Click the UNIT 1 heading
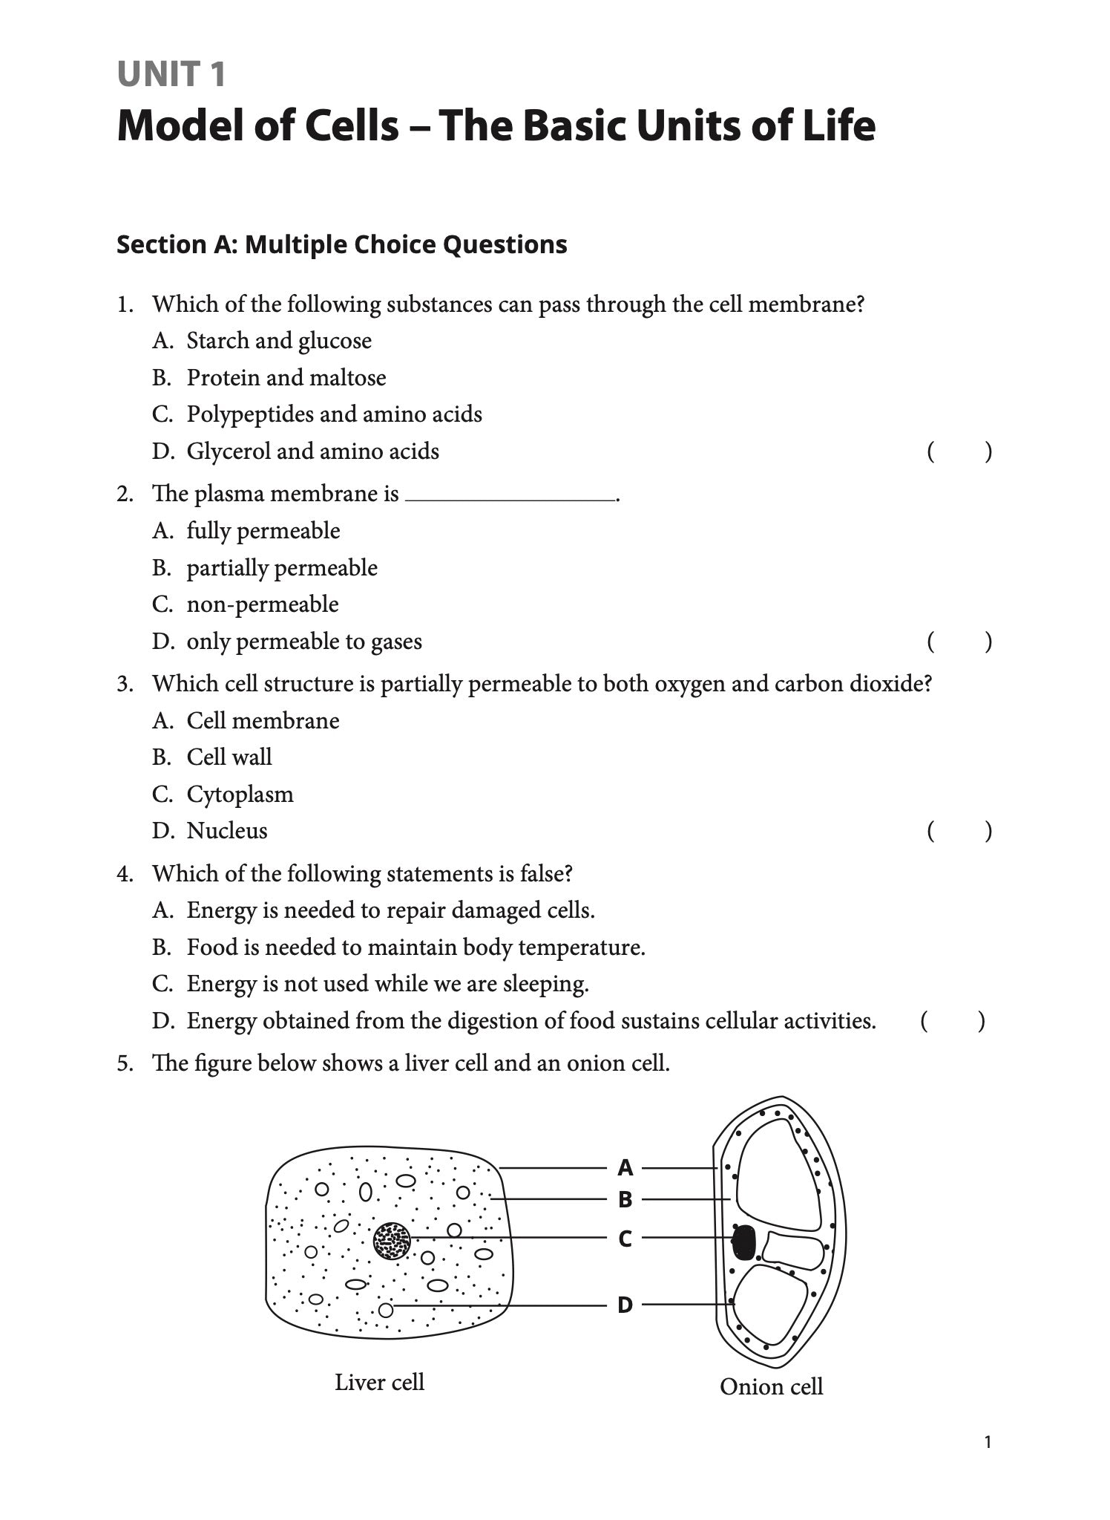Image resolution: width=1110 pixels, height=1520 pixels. coord(171,75)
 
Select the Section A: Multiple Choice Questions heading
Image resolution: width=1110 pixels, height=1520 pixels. coord(341,244)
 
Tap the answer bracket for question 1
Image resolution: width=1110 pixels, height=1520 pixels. coord(959,451)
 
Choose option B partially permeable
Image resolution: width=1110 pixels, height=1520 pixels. coord(281,568)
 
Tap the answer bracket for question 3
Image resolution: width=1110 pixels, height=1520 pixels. coord(959,832)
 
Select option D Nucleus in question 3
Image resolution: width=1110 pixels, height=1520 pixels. coord(226,831)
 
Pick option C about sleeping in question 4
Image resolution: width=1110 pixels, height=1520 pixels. coord(387,984)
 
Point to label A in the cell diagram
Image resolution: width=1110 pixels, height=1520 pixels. coord(625,1168)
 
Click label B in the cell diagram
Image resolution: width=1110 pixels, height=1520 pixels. coord(625,1199)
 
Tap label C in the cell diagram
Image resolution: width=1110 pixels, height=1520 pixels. coord(625,1239)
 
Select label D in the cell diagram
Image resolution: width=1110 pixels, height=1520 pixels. coord(625,1305)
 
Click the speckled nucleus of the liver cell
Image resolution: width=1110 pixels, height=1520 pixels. coord(392,1241)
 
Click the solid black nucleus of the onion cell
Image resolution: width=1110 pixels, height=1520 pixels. coord(743,1242)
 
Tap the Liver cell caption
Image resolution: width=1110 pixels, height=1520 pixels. coord(379,1382)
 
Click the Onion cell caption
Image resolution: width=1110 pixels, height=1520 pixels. coord(771,1386)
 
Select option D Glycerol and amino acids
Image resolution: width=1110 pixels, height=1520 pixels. coord(312,451)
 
